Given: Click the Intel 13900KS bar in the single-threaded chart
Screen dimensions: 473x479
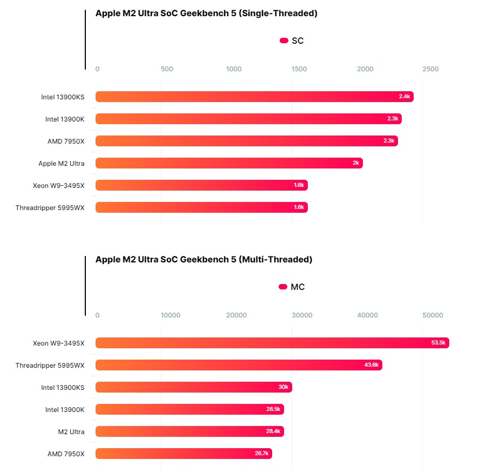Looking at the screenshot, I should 254,97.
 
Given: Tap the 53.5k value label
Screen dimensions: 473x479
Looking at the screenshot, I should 438,343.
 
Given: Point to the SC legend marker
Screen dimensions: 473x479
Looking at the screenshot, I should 284,40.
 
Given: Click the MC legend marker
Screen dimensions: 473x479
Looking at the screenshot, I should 282,287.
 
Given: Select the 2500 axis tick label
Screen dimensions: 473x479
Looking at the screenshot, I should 430,69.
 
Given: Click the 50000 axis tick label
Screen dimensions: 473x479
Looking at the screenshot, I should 433,315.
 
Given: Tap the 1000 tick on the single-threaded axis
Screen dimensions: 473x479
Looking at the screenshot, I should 234,69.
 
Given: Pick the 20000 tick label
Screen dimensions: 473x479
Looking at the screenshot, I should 236,315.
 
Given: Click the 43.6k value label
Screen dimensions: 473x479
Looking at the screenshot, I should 372,365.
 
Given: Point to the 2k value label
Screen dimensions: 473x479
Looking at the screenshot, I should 356,163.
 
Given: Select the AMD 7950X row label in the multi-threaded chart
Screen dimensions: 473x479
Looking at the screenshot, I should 66,454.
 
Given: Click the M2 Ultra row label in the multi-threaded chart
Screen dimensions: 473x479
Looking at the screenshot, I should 71,431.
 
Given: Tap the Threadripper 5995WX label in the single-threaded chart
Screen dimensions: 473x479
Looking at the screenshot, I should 50,207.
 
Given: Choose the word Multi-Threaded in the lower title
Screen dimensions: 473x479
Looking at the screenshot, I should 277,260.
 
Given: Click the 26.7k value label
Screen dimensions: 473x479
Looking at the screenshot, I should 261,454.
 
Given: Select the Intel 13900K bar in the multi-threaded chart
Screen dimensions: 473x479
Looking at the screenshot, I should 190,409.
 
